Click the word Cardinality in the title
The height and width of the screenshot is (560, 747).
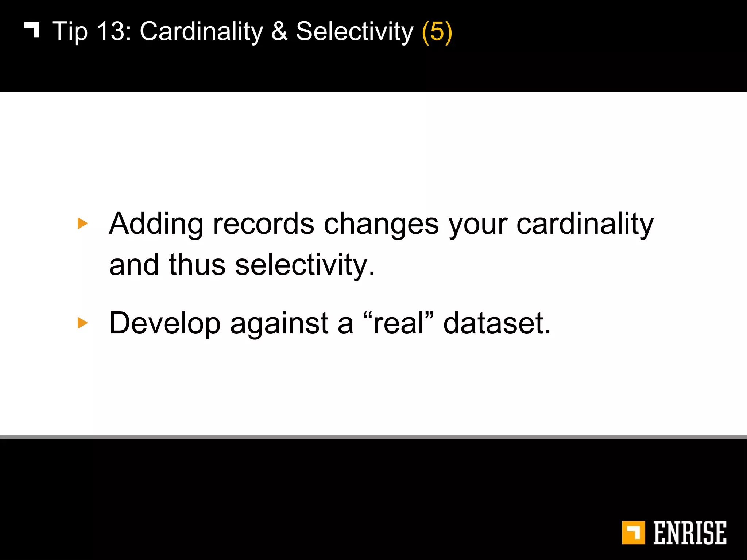[x=201, y=31]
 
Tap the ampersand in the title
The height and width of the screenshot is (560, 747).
[x=279, y=31]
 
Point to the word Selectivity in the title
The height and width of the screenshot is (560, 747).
[x=355, y=31]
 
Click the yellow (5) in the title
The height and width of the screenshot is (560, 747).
[x=437, y=32]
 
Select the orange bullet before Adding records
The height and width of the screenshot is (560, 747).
[x=83, y=223]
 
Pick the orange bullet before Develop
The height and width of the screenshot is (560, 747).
[x=83, y=323]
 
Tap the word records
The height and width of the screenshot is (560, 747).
[x=263, y=224]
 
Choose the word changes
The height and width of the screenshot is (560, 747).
[x=381, y=224]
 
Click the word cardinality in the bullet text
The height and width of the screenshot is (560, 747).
[x=585, y=224]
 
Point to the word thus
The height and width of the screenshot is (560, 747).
[x=197, y=265]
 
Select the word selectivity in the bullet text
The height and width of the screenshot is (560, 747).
[x=305, y=265]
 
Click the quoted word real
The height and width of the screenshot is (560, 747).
[x=399, y=323]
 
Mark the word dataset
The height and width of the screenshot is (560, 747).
[x=496, y=323]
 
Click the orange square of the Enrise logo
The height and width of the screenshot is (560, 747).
[x=633, y=533]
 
